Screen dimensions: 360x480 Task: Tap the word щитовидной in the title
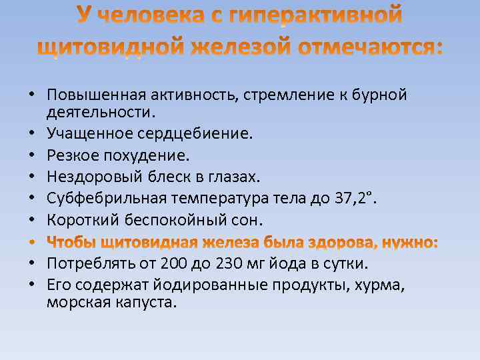coord(108,47)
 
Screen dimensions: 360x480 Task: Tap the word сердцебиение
coord(195,134)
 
